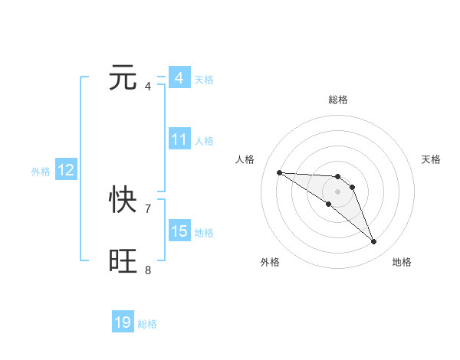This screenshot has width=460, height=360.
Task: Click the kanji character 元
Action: click(x=124, y=77)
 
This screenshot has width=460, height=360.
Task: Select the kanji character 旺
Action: click(x=124, y=261)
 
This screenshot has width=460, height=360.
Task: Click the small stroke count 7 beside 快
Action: click(x=148, y=208)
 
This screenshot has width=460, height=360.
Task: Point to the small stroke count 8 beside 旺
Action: click(x=148, y=270)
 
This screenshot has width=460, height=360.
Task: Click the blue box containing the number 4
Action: click(x=179, y=78)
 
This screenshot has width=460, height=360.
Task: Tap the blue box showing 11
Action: click(x=179, y=139)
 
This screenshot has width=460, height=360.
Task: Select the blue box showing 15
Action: click(x=179, y=231)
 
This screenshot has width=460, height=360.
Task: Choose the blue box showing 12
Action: click(x=65, y=170)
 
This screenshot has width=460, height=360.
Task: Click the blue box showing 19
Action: click(x=123, y=322)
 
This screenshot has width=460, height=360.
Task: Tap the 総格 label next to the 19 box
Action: click(x=147, y=324)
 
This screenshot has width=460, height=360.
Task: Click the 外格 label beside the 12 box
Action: click(x=41, y=172)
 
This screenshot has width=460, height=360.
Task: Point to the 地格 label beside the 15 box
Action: click(x=204, y=233)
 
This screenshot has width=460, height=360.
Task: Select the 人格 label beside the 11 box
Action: click(x=204, y=141)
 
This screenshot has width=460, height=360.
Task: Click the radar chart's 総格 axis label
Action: click(x=338, y=100)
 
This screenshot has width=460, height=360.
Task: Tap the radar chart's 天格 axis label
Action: click(x=432, y=159)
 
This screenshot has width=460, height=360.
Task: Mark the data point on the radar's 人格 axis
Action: click(x=279, y=172)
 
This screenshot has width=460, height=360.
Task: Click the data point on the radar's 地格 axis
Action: click(x=374, y=242)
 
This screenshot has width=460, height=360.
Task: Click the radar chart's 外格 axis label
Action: click(x=270, y=262)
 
